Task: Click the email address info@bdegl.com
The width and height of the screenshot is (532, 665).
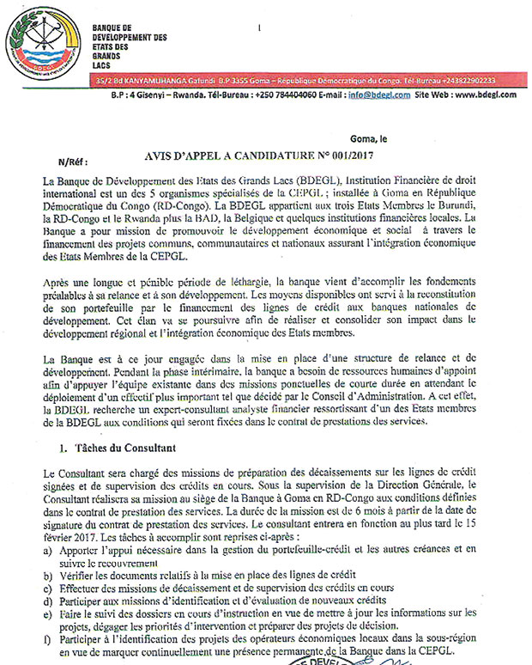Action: click(x=372, y=95)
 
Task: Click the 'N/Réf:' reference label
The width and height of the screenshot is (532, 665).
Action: click(x=73, y=162)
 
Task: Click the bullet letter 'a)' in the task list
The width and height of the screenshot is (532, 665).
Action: click(x=45, y=546)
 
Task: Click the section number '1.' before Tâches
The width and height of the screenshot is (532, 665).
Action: click(x=63, y=449)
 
